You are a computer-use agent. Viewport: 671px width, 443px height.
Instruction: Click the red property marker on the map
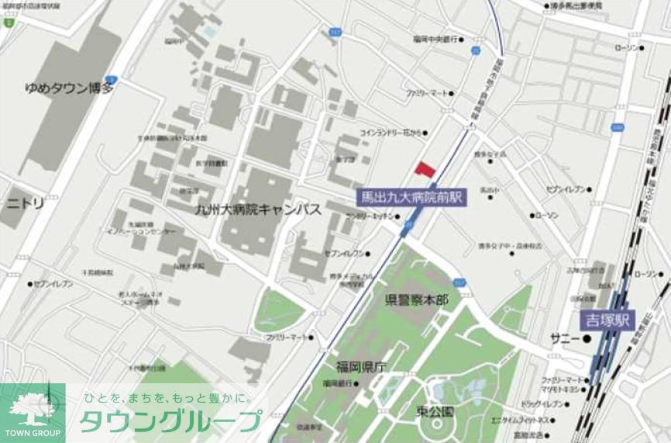[424, 169]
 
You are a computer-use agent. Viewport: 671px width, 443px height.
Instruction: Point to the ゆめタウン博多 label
[69, 88]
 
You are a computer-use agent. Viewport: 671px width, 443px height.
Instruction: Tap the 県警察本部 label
[416, 299]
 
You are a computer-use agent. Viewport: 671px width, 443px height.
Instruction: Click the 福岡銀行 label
[338, 383]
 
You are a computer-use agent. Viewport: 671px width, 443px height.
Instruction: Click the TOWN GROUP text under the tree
[32, 432]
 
